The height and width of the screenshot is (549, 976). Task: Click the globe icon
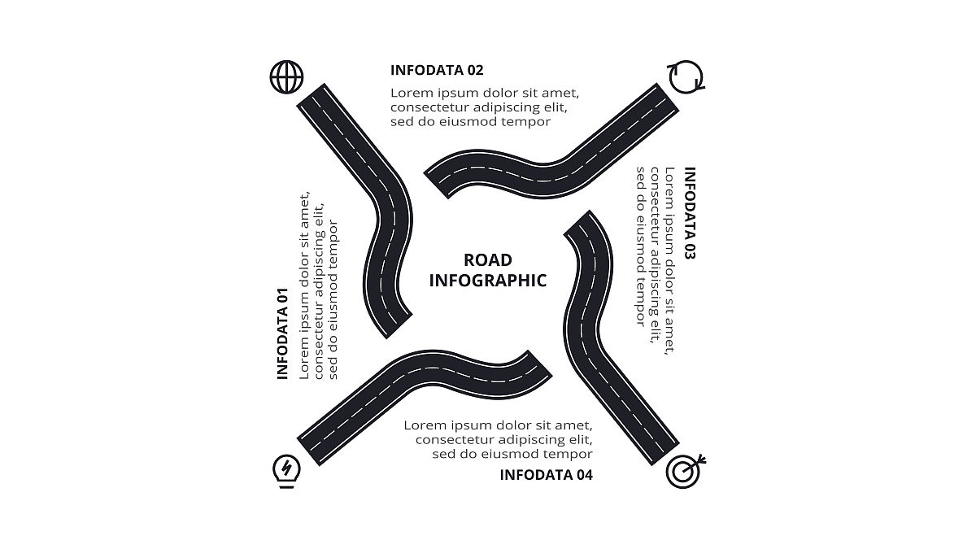pyautogui.click(x=286, y=77)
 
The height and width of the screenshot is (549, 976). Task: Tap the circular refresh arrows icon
pyautogui.click(x=686, y=76)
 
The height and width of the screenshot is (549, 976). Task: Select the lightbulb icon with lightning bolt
pyautogui.click(x=286, y=470)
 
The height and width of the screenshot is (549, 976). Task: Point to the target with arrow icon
pyautogui.click(x=685, y=471)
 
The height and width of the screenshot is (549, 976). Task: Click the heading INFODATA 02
pyautogui.click(x=437, y=70)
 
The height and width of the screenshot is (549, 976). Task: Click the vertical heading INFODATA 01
pyautogui.click(x=283, y=333)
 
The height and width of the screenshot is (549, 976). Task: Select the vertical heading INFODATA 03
pyautogui.click(x=690, y=213)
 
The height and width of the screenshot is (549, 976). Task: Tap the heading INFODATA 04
pyautogui.click(x=546, y=475)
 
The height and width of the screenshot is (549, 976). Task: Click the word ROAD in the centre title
pyautogui.click(x=488, y=260)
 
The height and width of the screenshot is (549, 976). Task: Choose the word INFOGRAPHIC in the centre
pyautogui.click(x=488, y=281)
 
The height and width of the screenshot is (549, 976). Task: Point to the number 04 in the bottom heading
pyautogui.click(x=584, y=475)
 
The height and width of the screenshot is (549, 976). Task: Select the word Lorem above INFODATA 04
pyautogui.click(x=427, y=425)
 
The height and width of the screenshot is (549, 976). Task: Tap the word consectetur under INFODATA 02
pyautogui.click(x=431, y=107)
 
